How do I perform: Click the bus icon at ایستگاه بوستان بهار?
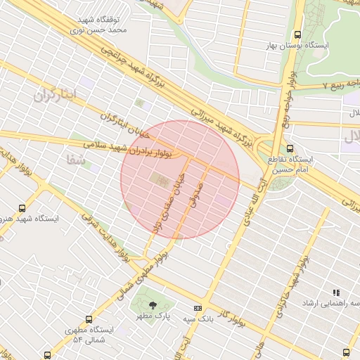(x=298, y=34)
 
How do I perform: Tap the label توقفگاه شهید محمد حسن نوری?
(x=99, y=25)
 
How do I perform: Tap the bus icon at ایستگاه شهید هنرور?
(x=22, y=208)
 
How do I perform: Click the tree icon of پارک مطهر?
(x=153, y=304)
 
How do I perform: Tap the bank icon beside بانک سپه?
(x=198, y=307)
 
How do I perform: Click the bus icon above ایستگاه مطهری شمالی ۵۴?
(x=89, y=318)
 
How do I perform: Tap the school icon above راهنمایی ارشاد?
(x=335, y=292)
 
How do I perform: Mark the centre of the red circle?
(x=181, y=179)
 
